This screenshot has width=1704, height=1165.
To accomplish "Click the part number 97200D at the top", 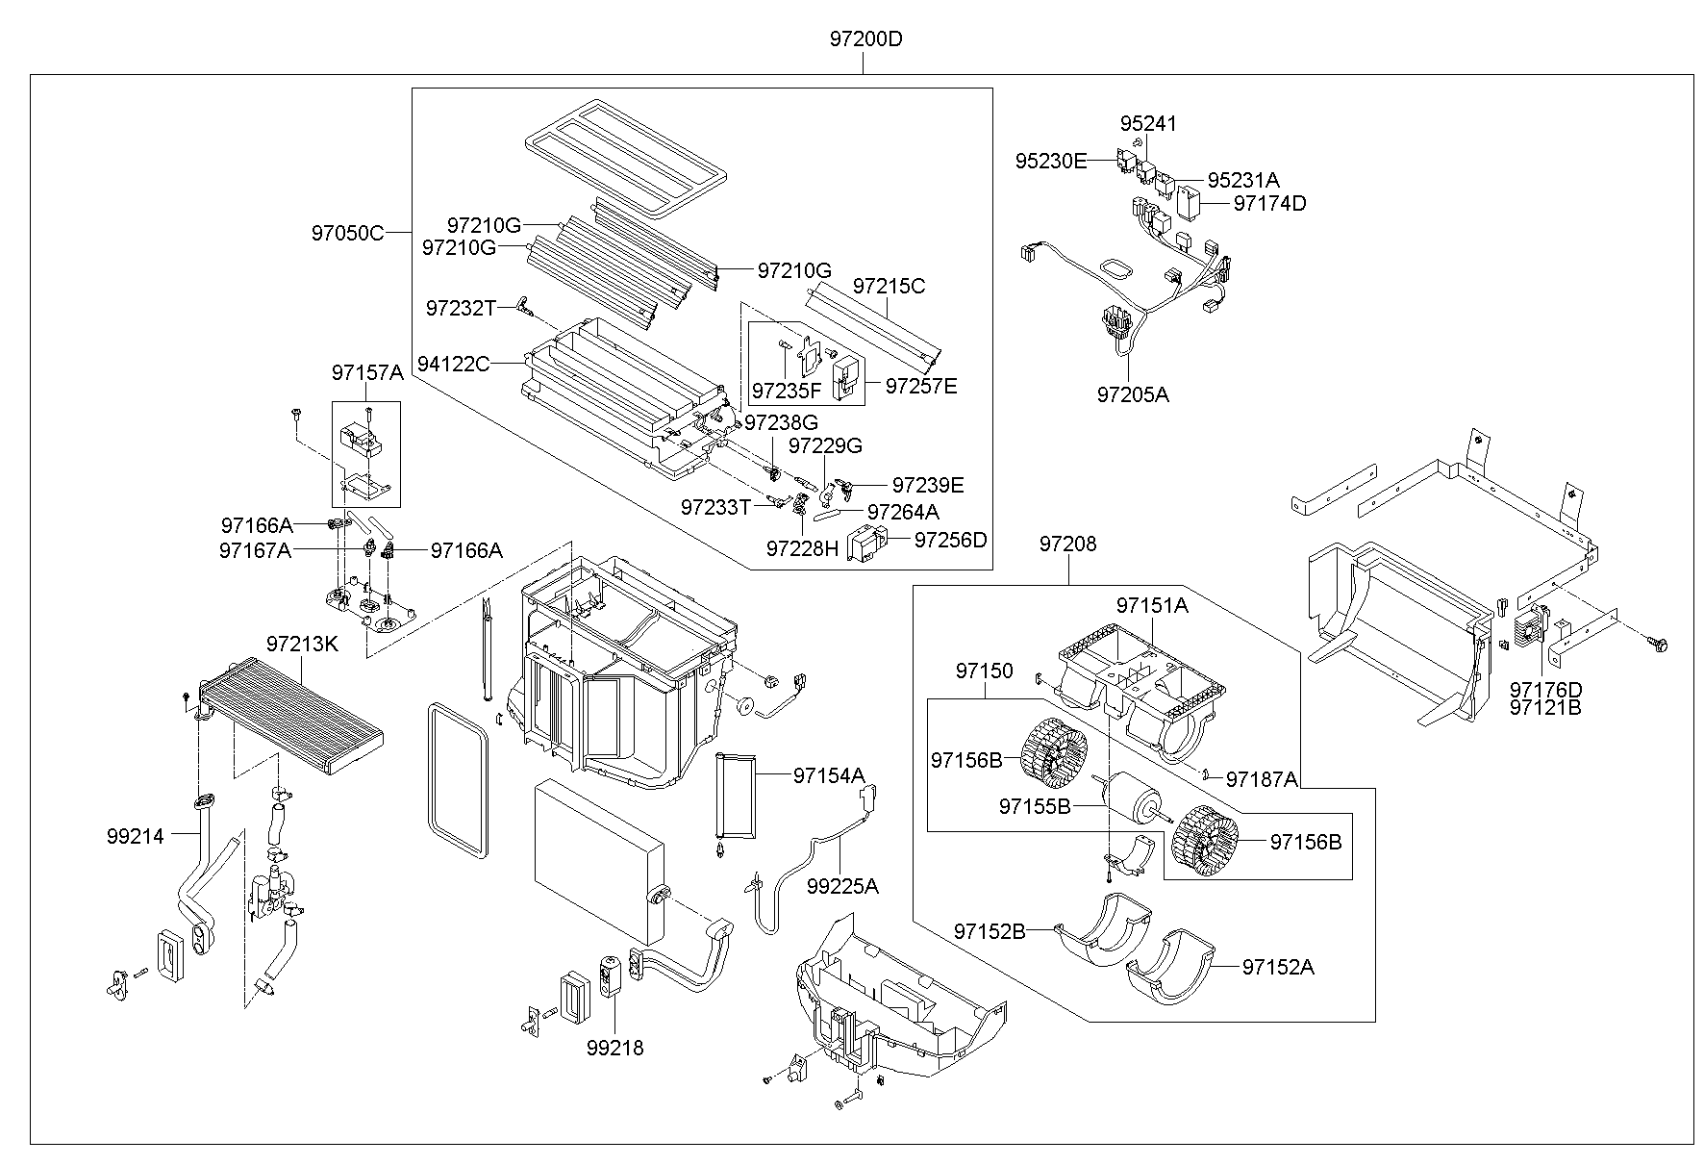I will [866, 39].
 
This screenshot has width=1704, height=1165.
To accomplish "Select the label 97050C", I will [347, 232].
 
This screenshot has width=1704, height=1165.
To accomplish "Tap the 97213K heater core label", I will [302, 644].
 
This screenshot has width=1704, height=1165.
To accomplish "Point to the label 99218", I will [614, 1048].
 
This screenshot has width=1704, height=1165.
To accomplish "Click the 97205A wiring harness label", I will [1133, 394].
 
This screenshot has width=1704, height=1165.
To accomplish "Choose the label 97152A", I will [1278, 967].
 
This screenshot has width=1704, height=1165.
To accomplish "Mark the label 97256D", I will [950, 540].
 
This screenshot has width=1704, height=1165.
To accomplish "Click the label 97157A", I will [368, 372].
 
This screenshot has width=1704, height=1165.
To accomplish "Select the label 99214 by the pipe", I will [136, 836].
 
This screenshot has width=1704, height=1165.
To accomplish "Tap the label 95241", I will [1148, 124].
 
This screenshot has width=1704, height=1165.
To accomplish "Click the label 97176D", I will [1545, 690].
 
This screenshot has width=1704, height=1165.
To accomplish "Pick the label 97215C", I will [890, 286].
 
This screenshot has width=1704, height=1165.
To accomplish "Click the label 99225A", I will [842, 886].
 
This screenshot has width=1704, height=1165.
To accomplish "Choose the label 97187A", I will [1262, 779].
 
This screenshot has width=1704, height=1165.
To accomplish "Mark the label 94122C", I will [453, 364].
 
